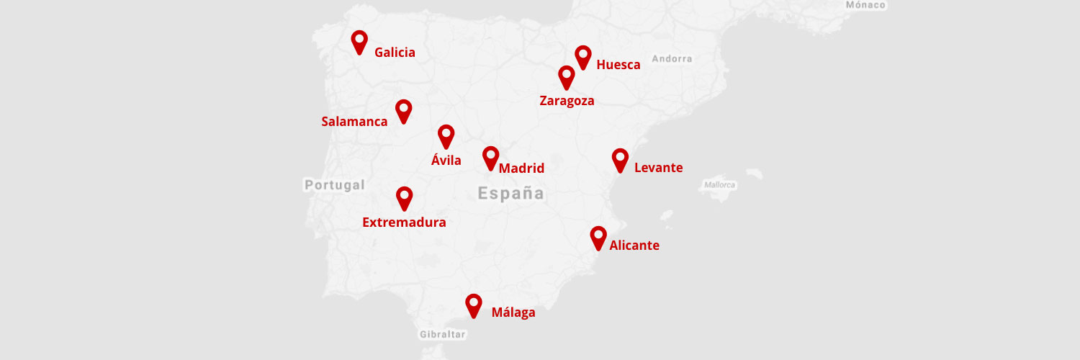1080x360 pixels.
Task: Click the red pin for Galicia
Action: pos(359,41)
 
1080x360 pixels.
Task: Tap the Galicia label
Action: pos(395,53)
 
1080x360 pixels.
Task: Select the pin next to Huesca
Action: pos(583,56)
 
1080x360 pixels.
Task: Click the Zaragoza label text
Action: pos(567,101)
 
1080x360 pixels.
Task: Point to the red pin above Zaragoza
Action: pos(567,76)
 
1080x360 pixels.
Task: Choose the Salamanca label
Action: pos(354,122)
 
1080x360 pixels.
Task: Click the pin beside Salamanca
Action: pos(404,110)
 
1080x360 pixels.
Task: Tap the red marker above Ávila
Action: pos(446,135)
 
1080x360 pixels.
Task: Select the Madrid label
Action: pos(521,168)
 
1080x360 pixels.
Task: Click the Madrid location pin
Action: pos(491,157)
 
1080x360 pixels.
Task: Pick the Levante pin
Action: pos(620,159)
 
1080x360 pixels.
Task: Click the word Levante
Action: pos(658,168)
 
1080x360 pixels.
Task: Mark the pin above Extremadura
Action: pos(405,197)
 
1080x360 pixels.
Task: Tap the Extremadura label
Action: pos(404,222)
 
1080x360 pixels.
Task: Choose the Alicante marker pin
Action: pos(598,237)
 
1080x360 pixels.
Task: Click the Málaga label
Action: pos(513,312)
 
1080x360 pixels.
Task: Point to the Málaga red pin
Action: pos(473,305)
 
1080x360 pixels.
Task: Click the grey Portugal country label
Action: pos(335,185)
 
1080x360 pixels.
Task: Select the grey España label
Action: pos(511,193)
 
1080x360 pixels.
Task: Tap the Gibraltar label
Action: pos(443,335)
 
